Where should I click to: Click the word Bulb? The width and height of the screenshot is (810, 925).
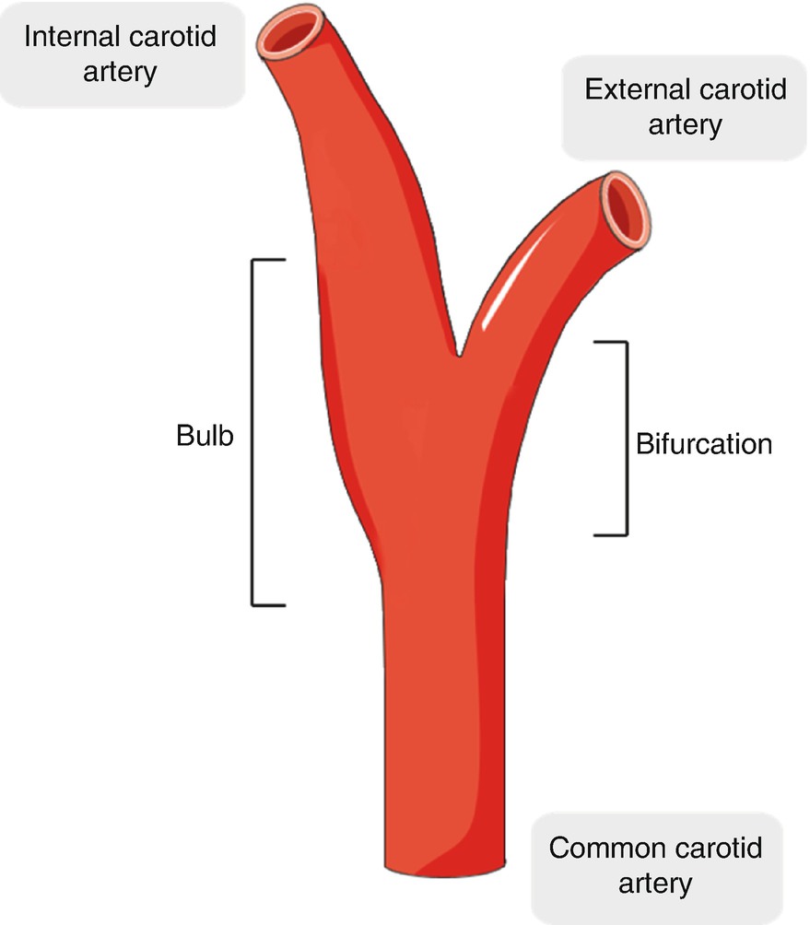coord(205,435)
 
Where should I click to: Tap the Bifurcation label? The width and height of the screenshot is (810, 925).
coord(704,443)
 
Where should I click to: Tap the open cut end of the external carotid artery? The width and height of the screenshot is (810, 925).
coord(626,204)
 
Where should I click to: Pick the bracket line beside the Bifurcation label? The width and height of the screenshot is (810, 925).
coord(627,439)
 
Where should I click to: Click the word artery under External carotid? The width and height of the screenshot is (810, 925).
coord(685,123)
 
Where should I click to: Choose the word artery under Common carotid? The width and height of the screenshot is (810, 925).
coord(655,883)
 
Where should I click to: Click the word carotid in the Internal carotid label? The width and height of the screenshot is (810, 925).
coord(179,38)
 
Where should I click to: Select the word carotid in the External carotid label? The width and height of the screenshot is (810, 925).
coord(741,89)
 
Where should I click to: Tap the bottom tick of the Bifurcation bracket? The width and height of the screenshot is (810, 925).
coord(610,534)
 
